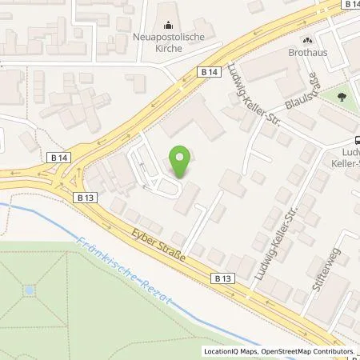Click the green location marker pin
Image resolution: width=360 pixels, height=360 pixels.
pyautogui.click(x=182, y=162)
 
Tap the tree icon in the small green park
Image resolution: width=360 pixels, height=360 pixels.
pyautogui.click(x=342, y=95)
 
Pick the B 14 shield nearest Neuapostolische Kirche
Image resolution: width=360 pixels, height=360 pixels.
pyautogui.click(x=210, y=72)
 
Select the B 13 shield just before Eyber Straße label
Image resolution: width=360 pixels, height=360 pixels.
pyautogui.click(x=86, y=195)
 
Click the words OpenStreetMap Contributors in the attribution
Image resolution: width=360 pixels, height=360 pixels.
pyautogui.click(x=309, y=352)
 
